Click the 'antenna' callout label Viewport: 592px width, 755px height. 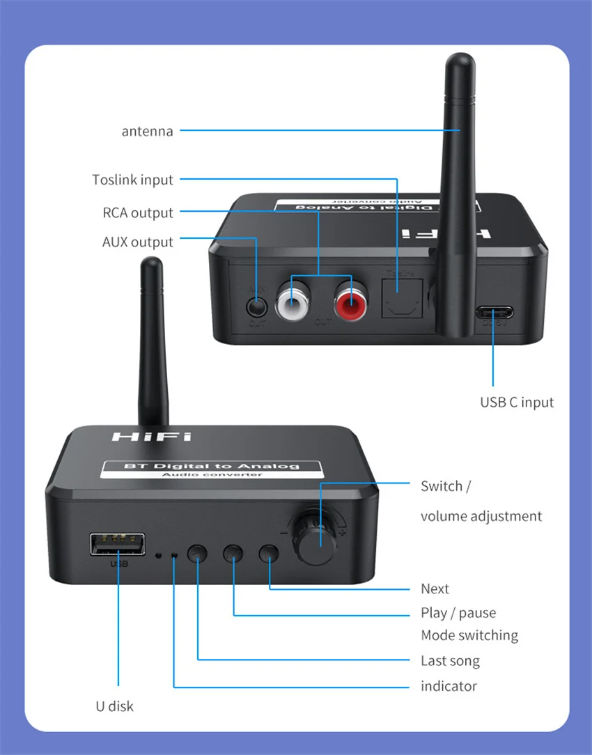(x=147, y=131)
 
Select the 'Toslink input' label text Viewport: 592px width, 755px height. (x=132, y=180)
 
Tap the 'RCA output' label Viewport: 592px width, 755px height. (x=138, y=213)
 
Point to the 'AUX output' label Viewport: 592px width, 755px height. (x=137, y=242)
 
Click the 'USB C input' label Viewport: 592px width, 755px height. (x=517, y=402)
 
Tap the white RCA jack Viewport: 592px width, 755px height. (x=290, y=304)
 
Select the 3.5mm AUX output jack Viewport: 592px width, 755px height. (x=257, y=305)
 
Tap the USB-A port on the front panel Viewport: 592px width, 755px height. (x=117, y=544)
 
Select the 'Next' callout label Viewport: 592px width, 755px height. (x=435, y=589)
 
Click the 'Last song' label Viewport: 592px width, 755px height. (x=450, y=660)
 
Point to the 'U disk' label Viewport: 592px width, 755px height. (x=114, y=706)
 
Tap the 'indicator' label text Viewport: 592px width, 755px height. (x=449, y=686)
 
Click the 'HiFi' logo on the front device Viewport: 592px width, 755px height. (x=151, y=437)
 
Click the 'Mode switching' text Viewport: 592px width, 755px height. (x=469, y=635)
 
